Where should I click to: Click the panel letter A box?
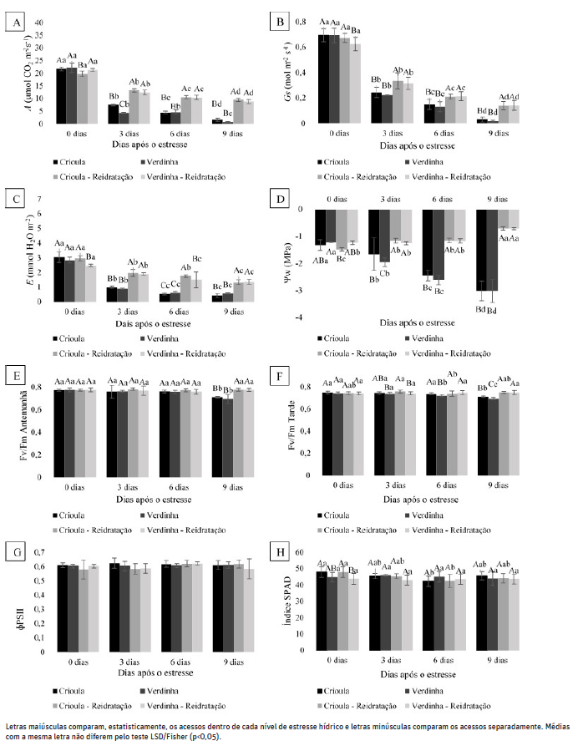[x=14, y=23]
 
